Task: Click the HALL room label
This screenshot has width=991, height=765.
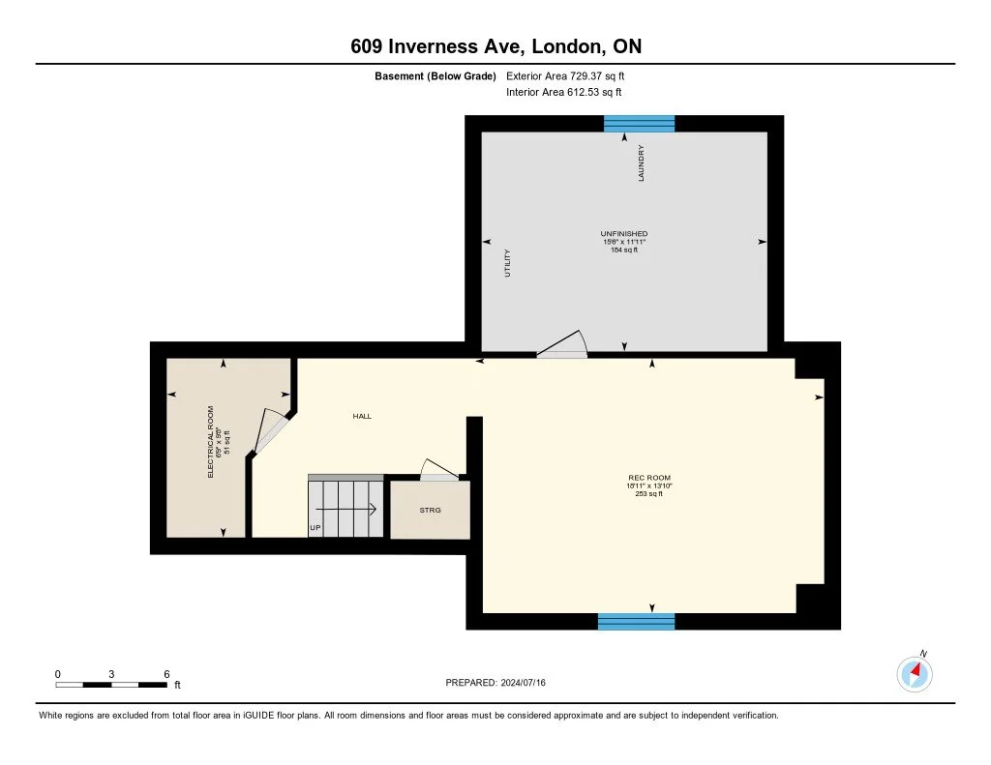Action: tap(361, 416)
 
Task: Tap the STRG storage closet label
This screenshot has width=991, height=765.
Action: tap(430, 510)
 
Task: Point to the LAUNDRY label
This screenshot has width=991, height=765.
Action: tap(641, 164)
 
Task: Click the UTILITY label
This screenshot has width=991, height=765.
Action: tap(507, 264)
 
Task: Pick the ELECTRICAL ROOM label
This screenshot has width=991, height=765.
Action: tap(211, 442)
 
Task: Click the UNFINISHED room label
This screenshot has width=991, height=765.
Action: tap(624, 234)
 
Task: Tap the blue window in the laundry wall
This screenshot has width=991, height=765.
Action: tap(639, 123)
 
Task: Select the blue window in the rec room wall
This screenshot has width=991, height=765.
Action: tap(636, 621)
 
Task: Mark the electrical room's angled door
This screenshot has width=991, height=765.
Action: tap(270, 430)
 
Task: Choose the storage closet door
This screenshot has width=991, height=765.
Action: tap(438, 470)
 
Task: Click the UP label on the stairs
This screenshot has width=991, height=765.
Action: tap(315, 528)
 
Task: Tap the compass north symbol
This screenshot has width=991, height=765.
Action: tap(915, 672)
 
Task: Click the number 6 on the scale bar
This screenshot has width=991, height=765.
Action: tap(166, 674)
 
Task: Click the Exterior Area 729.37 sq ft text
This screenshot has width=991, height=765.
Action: tap(572, 75)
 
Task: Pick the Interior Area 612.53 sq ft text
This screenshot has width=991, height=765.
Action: tap(563, 93)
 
